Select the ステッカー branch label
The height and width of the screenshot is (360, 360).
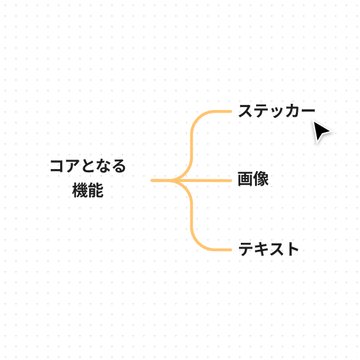(x=276, y=111)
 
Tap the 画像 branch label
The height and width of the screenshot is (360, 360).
(x=253, y=180)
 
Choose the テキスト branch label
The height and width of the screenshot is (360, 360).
(x=268, y=249)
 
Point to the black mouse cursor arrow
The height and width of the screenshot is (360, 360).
(x=321, y=132)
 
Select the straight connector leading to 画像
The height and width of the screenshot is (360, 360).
(x=210, y=180)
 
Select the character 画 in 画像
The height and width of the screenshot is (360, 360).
(x=246, y=180)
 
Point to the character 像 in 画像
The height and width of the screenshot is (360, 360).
(x=261, y=180)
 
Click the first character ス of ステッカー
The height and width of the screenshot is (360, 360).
(x=246, y=111)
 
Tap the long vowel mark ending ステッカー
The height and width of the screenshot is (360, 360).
(x=307, y=111)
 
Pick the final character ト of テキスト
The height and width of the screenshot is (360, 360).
(x=292, y=249)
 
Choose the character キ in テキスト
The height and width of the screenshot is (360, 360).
(x=261, y=249)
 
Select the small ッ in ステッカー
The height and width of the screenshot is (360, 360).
(x=277, y=112)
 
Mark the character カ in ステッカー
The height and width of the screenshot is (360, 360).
(x=291, y=111)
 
